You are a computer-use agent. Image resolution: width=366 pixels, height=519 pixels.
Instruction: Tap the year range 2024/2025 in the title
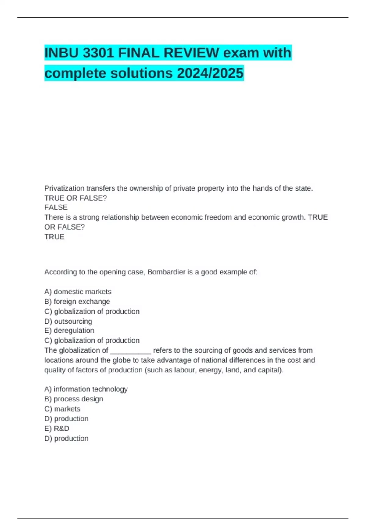(x=210, y=73)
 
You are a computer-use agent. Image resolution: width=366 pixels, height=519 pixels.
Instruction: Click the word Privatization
(x=64, y=188)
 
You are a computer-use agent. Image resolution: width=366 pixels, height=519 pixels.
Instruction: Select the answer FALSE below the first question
(x=56, y=207)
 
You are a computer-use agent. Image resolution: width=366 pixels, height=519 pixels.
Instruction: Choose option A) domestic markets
(x=78, y=292)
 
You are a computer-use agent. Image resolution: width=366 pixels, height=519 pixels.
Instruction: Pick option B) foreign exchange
(x=77, y=302)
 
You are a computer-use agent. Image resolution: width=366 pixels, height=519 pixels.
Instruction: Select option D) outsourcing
(x=68, y=321)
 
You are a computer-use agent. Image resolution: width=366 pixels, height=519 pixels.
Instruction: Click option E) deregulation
(x=69, y=331)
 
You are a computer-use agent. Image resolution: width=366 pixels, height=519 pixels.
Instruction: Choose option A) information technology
(x=86, y=389)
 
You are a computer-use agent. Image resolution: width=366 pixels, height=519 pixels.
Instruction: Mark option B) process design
(x=74, y=399)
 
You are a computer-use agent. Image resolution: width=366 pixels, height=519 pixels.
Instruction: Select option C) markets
(x=62, y=409)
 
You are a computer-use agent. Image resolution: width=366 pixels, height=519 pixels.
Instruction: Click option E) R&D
(x=57, y=429)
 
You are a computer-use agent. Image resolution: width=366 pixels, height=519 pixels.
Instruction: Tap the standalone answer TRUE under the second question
(x=54, y=237)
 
